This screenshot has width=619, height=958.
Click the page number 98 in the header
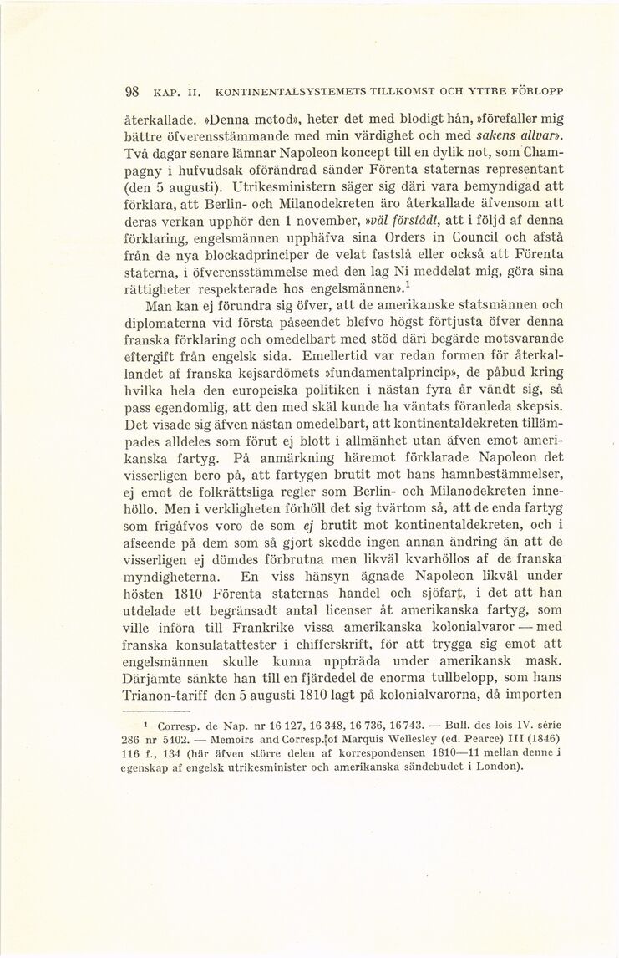coord(130,91)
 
